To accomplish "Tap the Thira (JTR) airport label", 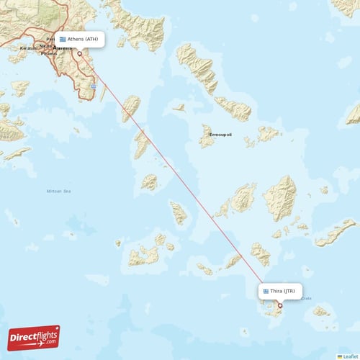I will click(281, 291).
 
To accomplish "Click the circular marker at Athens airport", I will click(79, 52).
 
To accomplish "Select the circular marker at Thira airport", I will click(280, 305).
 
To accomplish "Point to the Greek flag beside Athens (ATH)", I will click(63, 39).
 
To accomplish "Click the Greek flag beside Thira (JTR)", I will click(266, 291).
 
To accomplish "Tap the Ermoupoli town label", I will click(220, 134).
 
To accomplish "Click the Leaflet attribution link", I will click(351, 356).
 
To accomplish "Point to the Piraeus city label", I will click(49, 53).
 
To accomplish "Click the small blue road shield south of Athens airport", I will click(94, 86).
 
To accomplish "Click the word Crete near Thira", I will click(305, 297).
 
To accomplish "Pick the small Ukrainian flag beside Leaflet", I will click(339, 356).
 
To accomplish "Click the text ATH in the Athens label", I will click(94, 39).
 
